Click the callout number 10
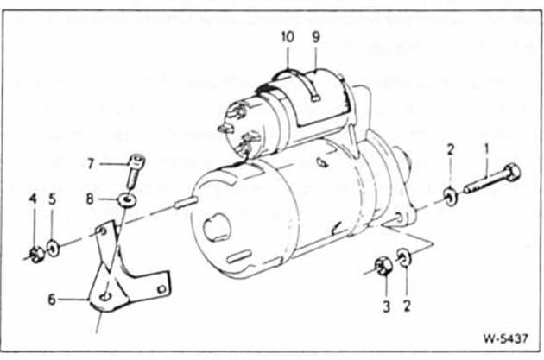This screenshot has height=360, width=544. coord(288,37)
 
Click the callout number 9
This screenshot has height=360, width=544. coord(316,37)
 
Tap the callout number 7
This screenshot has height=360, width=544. coord(91,163)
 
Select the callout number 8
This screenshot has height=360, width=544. coord(90,199)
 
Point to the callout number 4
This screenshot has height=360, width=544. coord(33,199)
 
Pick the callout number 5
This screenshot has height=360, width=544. coord(53,199)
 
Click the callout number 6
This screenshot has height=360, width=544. coord(52,299)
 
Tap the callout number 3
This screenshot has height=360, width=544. coord(387,306)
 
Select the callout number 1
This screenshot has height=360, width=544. coord(487,149)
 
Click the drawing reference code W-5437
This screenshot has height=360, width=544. coord(506,338)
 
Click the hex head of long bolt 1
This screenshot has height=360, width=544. coord(512,173)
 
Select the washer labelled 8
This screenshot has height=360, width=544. coord(127,200)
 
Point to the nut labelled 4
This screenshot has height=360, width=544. coord(37,255)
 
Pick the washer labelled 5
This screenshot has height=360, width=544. coord(53,249)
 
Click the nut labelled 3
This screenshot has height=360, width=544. coord(383,267)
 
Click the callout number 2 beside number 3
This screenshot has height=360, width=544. coord(407,306)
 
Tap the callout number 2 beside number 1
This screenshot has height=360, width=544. coord(451,150)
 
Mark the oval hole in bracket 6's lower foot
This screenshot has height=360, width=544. coord(105,297)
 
